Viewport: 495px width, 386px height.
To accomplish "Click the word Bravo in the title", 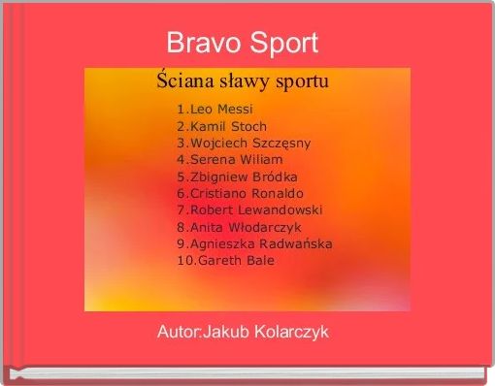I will [199, 44].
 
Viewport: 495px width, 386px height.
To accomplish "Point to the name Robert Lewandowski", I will [256, 209].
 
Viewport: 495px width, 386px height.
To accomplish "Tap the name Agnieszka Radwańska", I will [260, 243].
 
